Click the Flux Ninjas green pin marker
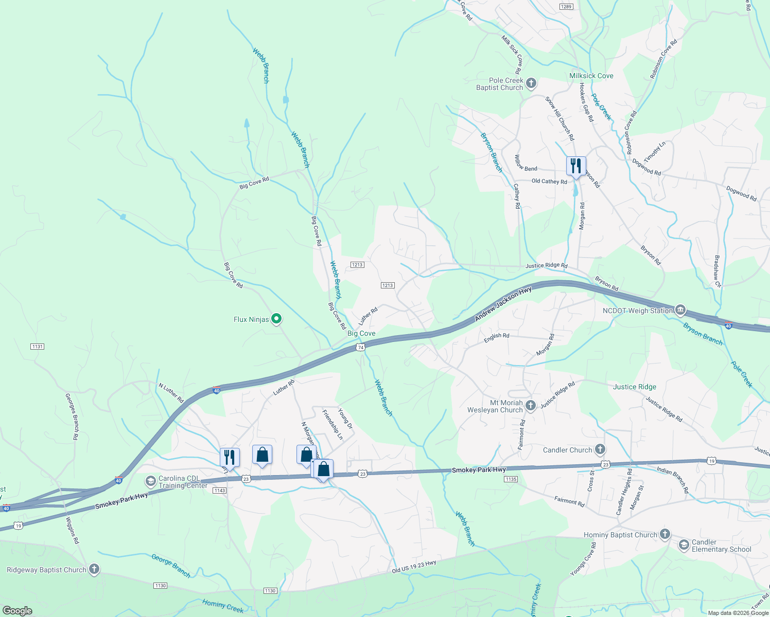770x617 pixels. click(276, 319)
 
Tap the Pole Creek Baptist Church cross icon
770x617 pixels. click(531, 83)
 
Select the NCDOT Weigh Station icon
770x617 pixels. click(680, 310)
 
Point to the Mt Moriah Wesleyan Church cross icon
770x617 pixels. click(531, 406)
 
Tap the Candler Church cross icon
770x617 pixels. click(600, 449)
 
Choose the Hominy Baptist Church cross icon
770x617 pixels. click(664, 534)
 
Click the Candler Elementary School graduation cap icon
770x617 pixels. click(684, 545)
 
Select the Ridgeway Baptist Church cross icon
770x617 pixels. click(94, 569)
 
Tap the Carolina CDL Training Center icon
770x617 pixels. click(150, 481)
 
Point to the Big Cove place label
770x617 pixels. click(361, 333)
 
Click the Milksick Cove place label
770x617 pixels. click(591, 76)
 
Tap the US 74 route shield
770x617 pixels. click(361, 348)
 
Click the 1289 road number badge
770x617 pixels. click(566, 6)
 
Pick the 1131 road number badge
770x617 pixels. click(37, 347)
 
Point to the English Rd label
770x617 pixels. click(496, 336)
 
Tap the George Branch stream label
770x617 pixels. click(171, 566)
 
